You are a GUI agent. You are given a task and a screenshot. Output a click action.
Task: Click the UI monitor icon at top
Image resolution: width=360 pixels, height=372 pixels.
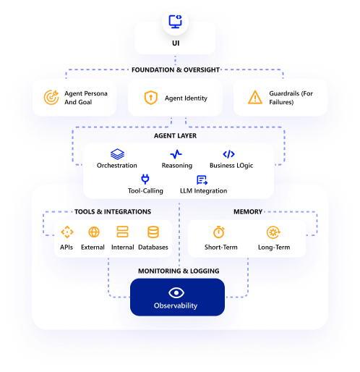pos(175,22)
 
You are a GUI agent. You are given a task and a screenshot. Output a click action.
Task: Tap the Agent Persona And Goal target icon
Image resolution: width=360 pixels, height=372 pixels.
pos(51,97)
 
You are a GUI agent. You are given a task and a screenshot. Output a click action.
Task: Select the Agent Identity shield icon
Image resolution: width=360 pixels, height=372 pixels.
pos(150,97)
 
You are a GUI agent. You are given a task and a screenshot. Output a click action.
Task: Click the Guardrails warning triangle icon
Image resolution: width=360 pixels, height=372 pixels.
pos(255,97)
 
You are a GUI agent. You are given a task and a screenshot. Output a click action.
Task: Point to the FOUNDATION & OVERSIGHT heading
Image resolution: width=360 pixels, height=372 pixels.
pos(176,69)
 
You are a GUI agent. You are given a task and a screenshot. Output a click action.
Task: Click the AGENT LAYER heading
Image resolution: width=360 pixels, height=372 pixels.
pos(175,135)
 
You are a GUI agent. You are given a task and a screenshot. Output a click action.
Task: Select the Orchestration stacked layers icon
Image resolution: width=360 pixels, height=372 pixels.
pos(117,154)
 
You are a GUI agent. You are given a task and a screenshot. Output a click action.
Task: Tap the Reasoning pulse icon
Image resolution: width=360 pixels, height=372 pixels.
pos(176,154)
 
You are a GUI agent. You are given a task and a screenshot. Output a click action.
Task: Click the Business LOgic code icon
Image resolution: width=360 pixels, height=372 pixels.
pos(228,154)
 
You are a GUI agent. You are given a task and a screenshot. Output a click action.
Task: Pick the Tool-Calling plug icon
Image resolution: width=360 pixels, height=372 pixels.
pos(145,179)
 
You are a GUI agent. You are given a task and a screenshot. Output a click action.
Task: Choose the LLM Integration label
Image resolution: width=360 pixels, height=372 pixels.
pos(203,191)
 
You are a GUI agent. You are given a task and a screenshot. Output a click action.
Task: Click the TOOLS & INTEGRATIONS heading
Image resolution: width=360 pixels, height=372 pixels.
pos(113,212)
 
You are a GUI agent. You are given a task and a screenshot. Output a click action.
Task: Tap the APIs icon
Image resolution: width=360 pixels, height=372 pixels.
pos(67,232)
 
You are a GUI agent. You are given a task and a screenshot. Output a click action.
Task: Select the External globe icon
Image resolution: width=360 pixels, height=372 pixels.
pos(93,232)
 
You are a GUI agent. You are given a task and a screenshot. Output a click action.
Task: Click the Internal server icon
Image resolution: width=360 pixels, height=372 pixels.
pos(122,232)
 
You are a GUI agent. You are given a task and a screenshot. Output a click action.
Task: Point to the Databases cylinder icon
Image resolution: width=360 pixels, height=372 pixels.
pos(153,232)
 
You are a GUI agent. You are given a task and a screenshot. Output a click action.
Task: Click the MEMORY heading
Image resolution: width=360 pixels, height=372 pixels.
pos(247,212)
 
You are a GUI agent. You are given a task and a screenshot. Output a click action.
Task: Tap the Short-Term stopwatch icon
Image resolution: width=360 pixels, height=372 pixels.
pos(218,232)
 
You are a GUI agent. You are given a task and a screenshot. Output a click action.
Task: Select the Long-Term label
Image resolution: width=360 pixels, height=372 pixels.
pos(273,248)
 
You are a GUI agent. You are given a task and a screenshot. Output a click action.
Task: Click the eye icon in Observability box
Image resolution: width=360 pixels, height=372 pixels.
pos(177,292)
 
